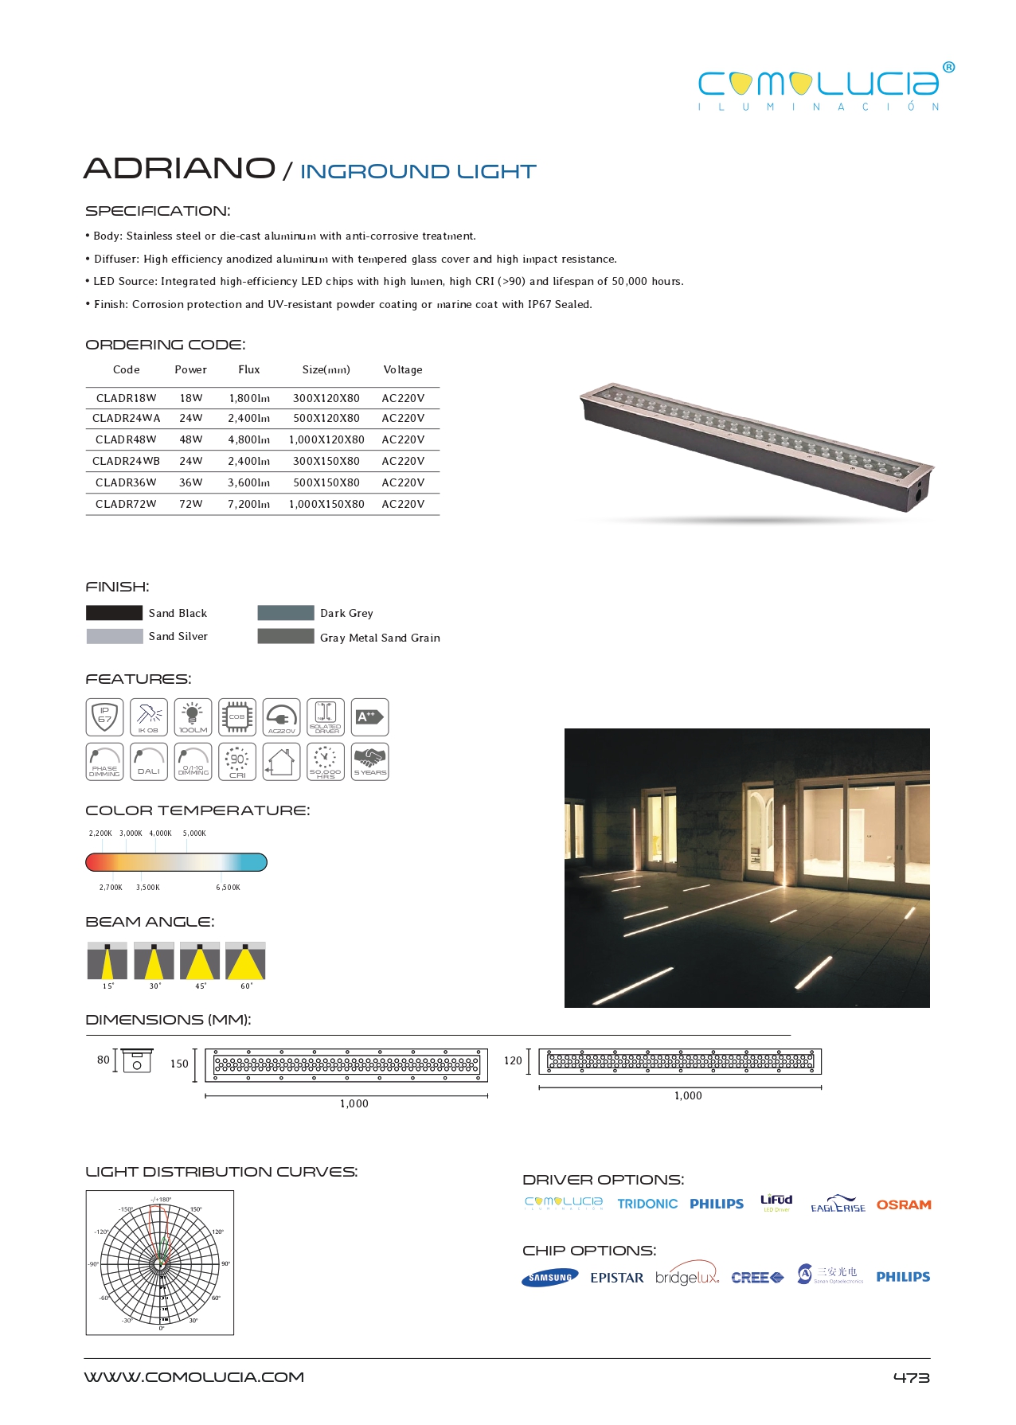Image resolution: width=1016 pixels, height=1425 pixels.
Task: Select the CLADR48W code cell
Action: (126, 439)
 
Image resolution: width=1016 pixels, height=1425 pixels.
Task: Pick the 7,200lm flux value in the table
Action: (249, 504)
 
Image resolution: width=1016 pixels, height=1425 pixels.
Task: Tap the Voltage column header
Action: (403, 369)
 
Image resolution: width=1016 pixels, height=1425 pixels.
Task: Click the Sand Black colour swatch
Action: (114, 613)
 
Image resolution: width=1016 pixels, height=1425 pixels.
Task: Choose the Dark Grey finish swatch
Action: (286, 613)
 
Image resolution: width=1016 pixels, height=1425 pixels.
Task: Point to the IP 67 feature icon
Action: (104, 717)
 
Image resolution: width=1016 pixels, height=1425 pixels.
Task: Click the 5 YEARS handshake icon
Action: (369, 762)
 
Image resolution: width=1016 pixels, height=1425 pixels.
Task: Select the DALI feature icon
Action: (149, 762)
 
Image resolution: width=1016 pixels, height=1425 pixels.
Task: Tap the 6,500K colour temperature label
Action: (228, 888)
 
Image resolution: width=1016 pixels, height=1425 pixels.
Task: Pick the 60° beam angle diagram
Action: (245, 961)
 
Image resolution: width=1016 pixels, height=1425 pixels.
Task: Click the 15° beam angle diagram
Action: (107, 961)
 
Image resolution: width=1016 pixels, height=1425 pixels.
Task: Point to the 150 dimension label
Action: (179, 1064)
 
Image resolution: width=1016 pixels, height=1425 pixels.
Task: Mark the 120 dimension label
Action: (513, 1060)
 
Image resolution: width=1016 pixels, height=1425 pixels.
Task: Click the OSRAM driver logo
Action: (904, 1205)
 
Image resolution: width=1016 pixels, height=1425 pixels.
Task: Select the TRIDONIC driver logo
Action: (647, 1204)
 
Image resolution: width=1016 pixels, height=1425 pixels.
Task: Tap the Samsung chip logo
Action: (550, 1278)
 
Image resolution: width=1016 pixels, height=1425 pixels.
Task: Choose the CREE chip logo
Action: (757, 1278)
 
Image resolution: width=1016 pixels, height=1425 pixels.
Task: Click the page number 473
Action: (911, 1378)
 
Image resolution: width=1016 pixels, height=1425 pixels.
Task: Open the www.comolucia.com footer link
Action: (194, 1377)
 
